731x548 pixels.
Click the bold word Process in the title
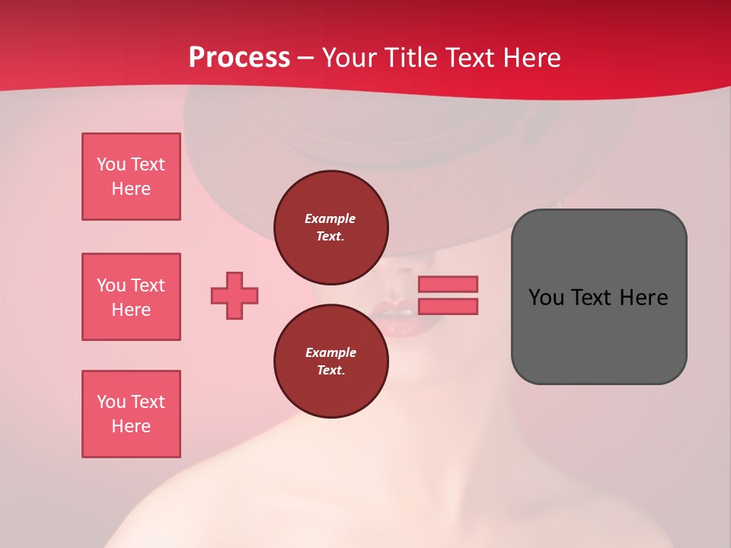coord(239,58)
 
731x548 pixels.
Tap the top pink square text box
coord(131,177)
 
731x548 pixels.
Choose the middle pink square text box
coord(131,297)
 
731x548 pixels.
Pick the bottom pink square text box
coord(131,414)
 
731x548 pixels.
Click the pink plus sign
coord(235,295)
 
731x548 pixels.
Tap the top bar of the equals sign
coord(448,284)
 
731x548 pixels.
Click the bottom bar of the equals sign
coord(448,306)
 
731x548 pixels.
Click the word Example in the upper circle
coord(330,218)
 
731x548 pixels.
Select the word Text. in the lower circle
coord(330,371)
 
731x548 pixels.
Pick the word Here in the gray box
coord(643,298)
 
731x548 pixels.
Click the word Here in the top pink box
coord(131,189)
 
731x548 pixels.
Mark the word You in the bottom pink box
coord(111,402)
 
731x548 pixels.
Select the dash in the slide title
coord(306,58)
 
